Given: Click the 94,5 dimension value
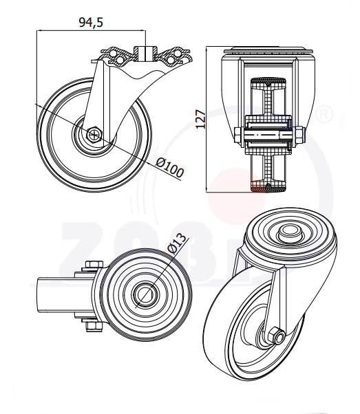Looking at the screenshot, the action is tap(91, 23).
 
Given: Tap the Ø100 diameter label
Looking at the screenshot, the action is tap(170, 168).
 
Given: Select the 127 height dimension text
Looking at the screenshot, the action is tap(200, 120).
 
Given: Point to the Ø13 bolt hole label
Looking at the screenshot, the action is tap(177, 245).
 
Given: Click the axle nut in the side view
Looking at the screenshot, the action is tap(94, 134).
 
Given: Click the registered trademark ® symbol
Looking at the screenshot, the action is tap(325, 113).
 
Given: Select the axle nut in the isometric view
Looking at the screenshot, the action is tap(276, 336).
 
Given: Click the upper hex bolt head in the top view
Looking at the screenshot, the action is tap(94, 264).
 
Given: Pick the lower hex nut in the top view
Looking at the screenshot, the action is tap(94, 327).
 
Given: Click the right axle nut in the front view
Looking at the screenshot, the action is tap(299, 135).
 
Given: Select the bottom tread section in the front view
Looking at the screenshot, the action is tap(268, 187).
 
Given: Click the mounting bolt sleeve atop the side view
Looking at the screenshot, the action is tap(145, 53).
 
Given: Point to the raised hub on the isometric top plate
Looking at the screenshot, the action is tap(290, 233).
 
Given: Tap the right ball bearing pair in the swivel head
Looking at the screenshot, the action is tap(173, 56).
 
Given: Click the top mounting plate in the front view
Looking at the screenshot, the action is tap(268, 51).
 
